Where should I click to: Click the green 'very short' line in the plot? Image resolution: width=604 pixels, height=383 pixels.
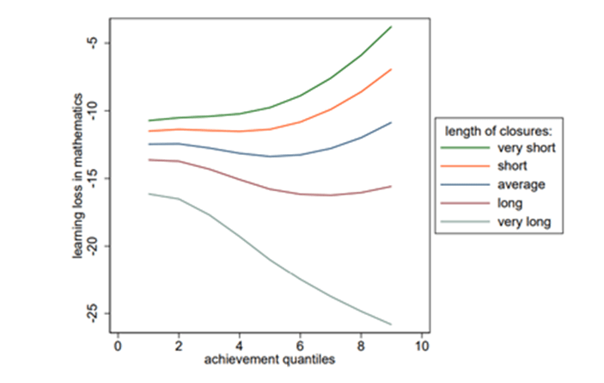[270, 107]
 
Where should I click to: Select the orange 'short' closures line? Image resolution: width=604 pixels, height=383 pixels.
[270, 129]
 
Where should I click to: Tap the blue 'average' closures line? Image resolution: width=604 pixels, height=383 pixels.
[270, 157]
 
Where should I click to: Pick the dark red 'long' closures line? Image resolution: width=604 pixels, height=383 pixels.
[270, 188]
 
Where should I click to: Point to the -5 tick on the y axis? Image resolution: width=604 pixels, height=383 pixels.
[96, 43]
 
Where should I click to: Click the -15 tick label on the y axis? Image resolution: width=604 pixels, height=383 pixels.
[96, 179]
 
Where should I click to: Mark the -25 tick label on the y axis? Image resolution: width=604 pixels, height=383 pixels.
[96, 314]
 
